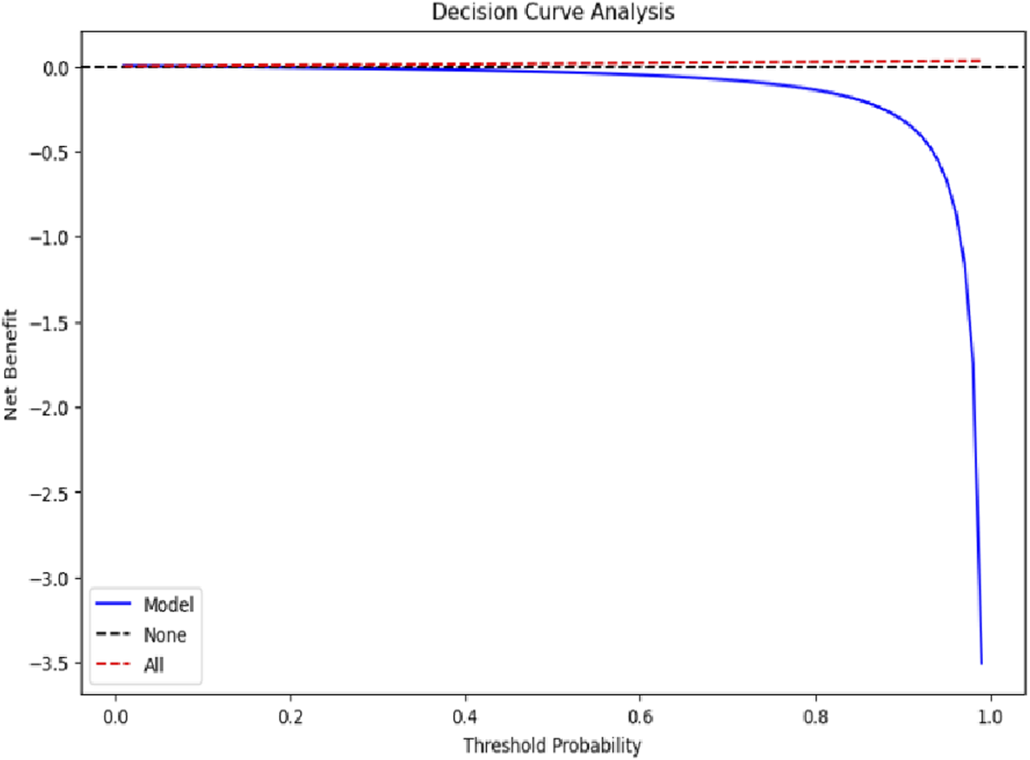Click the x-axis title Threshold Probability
click(551, 746)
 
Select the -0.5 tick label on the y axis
click(52, 152)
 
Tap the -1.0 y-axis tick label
click(52, 237)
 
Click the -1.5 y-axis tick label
click(52, 322)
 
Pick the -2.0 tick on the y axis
click(52, 408)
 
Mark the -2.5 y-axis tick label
click(52, 493)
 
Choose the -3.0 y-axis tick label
click(52, 578)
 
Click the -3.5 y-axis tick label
click(52, 663)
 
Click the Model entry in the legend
click(168, 604)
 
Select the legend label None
click(165, 635)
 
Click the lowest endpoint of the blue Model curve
click(981, 663)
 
